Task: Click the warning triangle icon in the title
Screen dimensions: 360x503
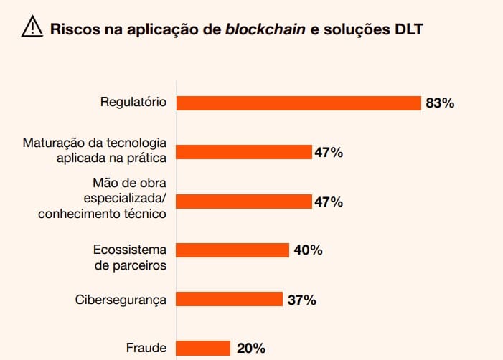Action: (32, 27)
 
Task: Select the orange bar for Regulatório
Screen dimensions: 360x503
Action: (298, 103)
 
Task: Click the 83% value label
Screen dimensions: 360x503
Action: (440, 103)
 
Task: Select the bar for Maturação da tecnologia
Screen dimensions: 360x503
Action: (244, 152)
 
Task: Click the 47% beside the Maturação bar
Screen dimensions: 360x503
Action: (328, 152)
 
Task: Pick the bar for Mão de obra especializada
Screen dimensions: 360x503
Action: (244, 202)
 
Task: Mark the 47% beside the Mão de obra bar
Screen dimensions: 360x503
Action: (328, 202)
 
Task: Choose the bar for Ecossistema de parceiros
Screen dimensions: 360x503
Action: (232, 250)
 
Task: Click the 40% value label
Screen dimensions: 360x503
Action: (307, 250)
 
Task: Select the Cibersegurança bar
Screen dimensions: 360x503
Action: (230, 299)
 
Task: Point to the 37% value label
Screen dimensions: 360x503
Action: (301, 300)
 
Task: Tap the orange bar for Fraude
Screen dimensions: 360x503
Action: (203, 348)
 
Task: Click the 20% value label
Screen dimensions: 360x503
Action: (250, 349)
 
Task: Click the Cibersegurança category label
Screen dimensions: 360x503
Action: (121, 300)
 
